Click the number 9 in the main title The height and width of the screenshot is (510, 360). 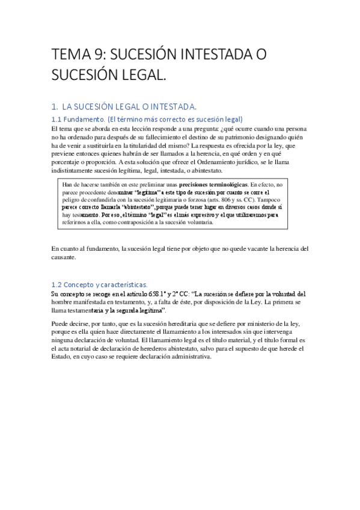pyautogui.click(x=101, y=55)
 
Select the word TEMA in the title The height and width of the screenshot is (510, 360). pyautogui.click(x=70, y=55)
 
